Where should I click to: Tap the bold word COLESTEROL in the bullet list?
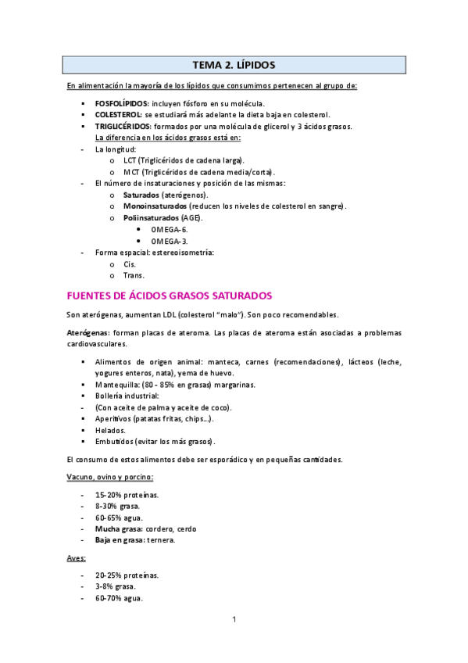[120, 114]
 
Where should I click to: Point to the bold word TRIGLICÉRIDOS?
[123, 126]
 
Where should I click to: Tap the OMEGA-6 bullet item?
[170, 229]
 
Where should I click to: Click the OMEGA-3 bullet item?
[170, 241]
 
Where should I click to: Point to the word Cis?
[130, 263]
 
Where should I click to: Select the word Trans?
[134, 275]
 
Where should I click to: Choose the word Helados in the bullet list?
[110, 431]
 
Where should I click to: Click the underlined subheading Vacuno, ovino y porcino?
[110, 476]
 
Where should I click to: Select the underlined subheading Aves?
[77, 558]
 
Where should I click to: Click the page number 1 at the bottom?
[234, 620]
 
